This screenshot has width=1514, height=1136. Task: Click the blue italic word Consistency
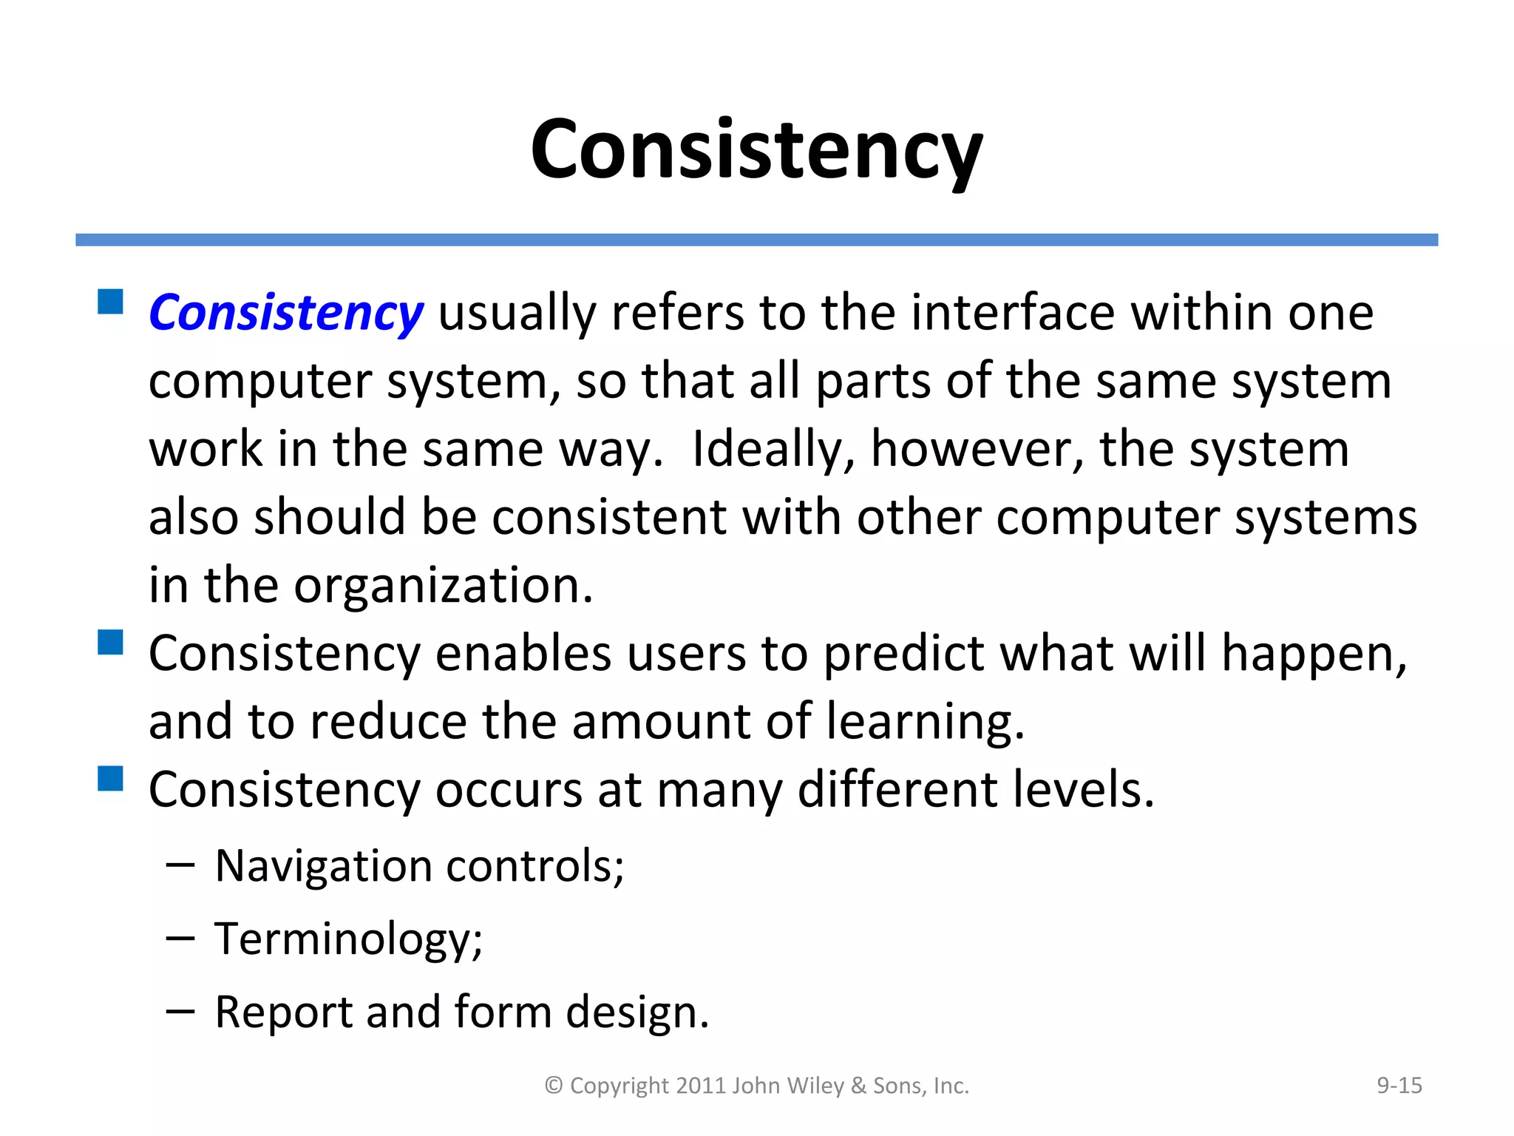pos(285,313)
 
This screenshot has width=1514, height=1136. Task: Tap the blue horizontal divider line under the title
pos(756,240)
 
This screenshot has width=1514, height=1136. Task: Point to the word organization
pos(444,586)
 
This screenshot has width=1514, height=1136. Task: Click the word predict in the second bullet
pos(903,654)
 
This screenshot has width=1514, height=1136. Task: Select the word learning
pos(925,722)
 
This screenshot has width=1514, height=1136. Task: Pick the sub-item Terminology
pos(348,939)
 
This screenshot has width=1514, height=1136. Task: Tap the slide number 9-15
pos(1399,1085)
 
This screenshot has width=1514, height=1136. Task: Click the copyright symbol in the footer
pos(554,1086)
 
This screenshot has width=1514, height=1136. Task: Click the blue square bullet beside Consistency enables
pos(110,642)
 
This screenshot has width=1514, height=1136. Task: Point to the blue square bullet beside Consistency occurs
pos(110,778)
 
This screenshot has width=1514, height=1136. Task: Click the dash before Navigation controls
pos(180,865)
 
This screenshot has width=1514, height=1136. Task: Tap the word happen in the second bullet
pos(1313,654)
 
